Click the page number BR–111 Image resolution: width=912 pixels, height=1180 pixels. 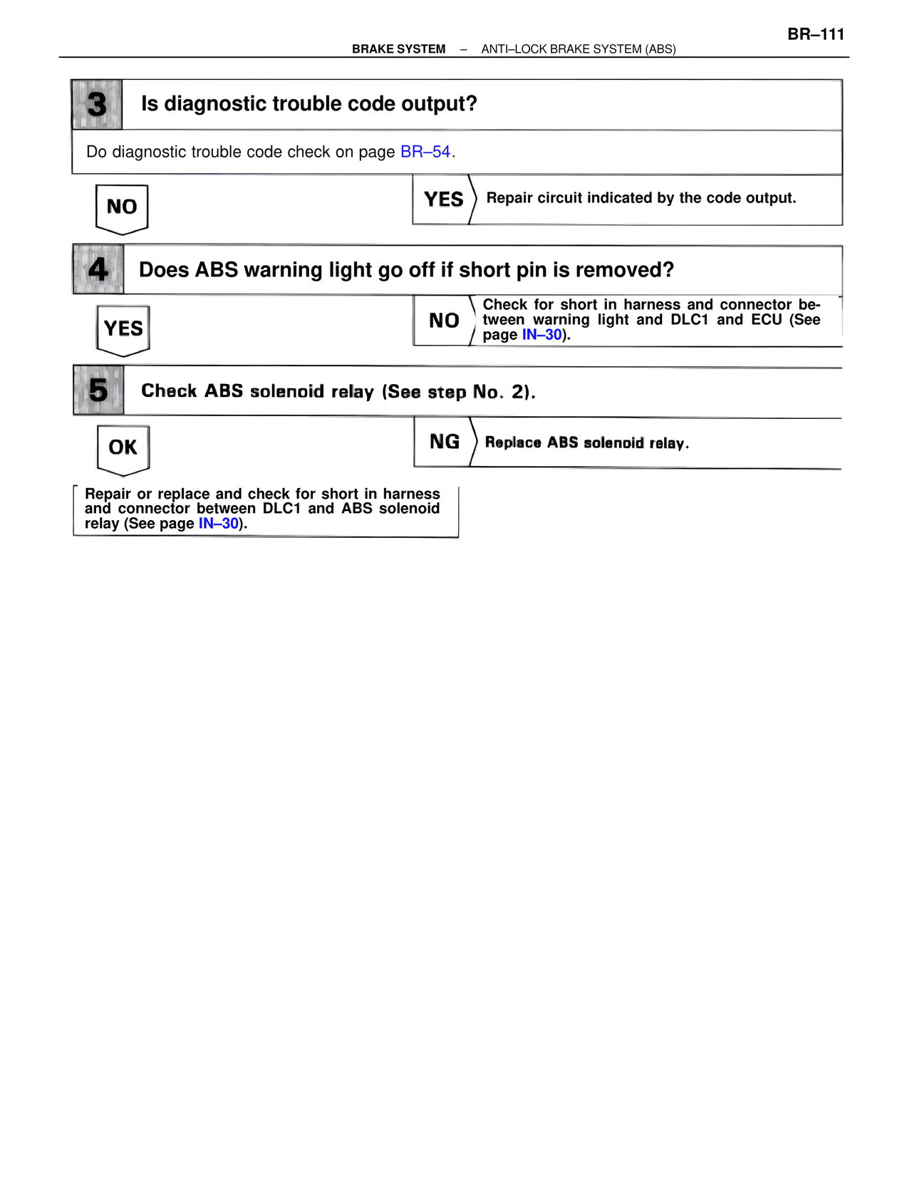816,34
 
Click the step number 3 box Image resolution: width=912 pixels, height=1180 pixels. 97,105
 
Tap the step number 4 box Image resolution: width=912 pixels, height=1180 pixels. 98,269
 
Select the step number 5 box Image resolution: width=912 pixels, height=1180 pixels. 98,390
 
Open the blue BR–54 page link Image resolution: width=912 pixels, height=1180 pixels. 425,152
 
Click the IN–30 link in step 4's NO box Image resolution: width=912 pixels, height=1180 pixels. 542,335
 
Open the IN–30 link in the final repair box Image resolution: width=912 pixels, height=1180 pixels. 219,524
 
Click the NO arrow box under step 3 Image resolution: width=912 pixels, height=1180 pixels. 122,207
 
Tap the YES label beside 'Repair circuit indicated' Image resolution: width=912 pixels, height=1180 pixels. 443,200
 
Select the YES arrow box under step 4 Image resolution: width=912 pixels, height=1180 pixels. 123,328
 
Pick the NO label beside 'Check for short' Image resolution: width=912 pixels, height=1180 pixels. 444,321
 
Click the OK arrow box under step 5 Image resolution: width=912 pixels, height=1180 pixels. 123,447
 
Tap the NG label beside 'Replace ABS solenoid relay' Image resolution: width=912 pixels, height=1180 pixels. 445,442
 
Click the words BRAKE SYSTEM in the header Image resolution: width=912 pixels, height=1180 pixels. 398,49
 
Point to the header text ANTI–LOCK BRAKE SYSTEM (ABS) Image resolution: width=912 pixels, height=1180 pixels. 579,49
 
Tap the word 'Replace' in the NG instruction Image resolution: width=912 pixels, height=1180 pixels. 513,442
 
